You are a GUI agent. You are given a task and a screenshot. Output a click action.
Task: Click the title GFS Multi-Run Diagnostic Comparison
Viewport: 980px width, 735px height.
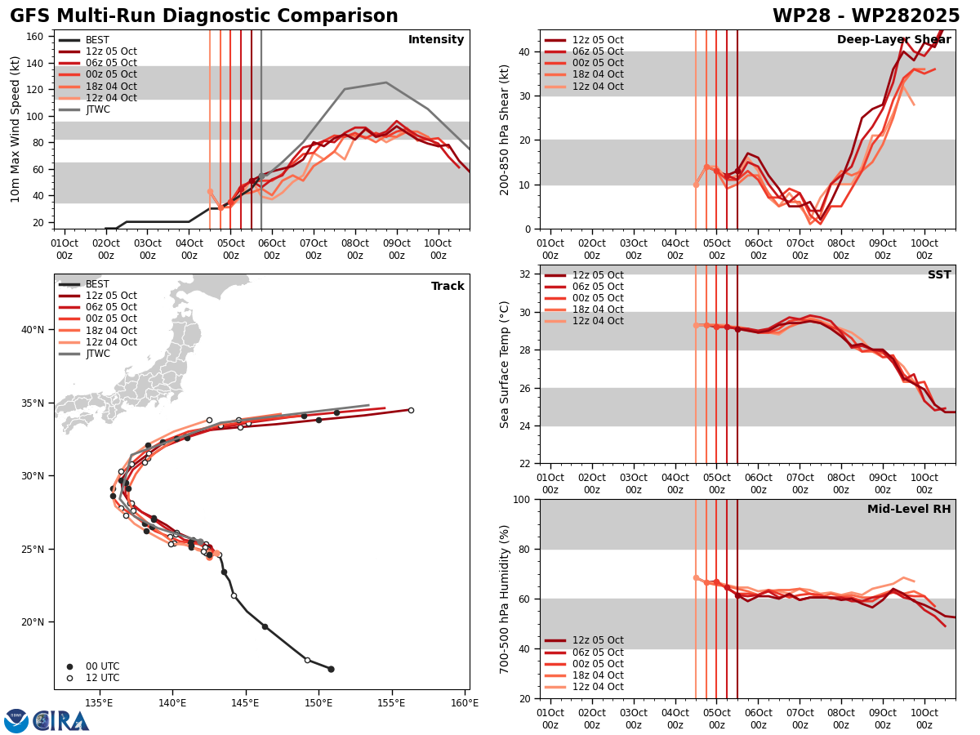coord(204,16)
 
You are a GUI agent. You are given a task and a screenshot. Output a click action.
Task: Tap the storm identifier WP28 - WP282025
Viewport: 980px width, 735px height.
coord(866,16)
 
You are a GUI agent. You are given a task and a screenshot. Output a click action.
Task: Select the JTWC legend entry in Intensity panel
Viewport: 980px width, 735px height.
coord(97,109)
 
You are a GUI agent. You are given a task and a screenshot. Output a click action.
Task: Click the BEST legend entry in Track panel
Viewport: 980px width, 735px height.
coord(97,284)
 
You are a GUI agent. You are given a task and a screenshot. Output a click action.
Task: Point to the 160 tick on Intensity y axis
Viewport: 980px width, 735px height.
coord(37,36)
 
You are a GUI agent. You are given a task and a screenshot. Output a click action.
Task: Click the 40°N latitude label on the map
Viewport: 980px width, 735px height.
coord(32,330)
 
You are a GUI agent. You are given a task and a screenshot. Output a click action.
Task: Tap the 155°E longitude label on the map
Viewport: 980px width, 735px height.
coord(391,703)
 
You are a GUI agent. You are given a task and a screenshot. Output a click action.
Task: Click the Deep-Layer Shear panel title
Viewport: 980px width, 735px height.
coord(893,40)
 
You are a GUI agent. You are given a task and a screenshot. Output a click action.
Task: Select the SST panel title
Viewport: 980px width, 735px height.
coord(939,275)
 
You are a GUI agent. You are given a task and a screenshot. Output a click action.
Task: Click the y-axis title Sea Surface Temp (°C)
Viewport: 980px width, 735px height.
coord(505,364)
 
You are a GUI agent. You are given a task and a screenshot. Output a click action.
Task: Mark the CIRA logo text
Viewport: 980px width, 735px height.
coord(61,721)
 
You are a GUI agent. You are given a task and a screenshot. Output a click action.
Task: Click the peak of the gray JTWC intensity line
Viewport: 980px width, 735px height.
coord(385,82)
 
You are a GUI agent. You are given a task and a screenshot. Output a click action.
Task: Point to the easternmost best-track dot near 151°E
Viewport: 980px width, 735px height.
coord(331,669)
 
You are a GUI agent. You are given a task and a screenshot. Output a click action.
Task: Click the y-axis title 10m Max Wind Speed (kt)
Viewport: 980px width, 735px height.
coord(16,129)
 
